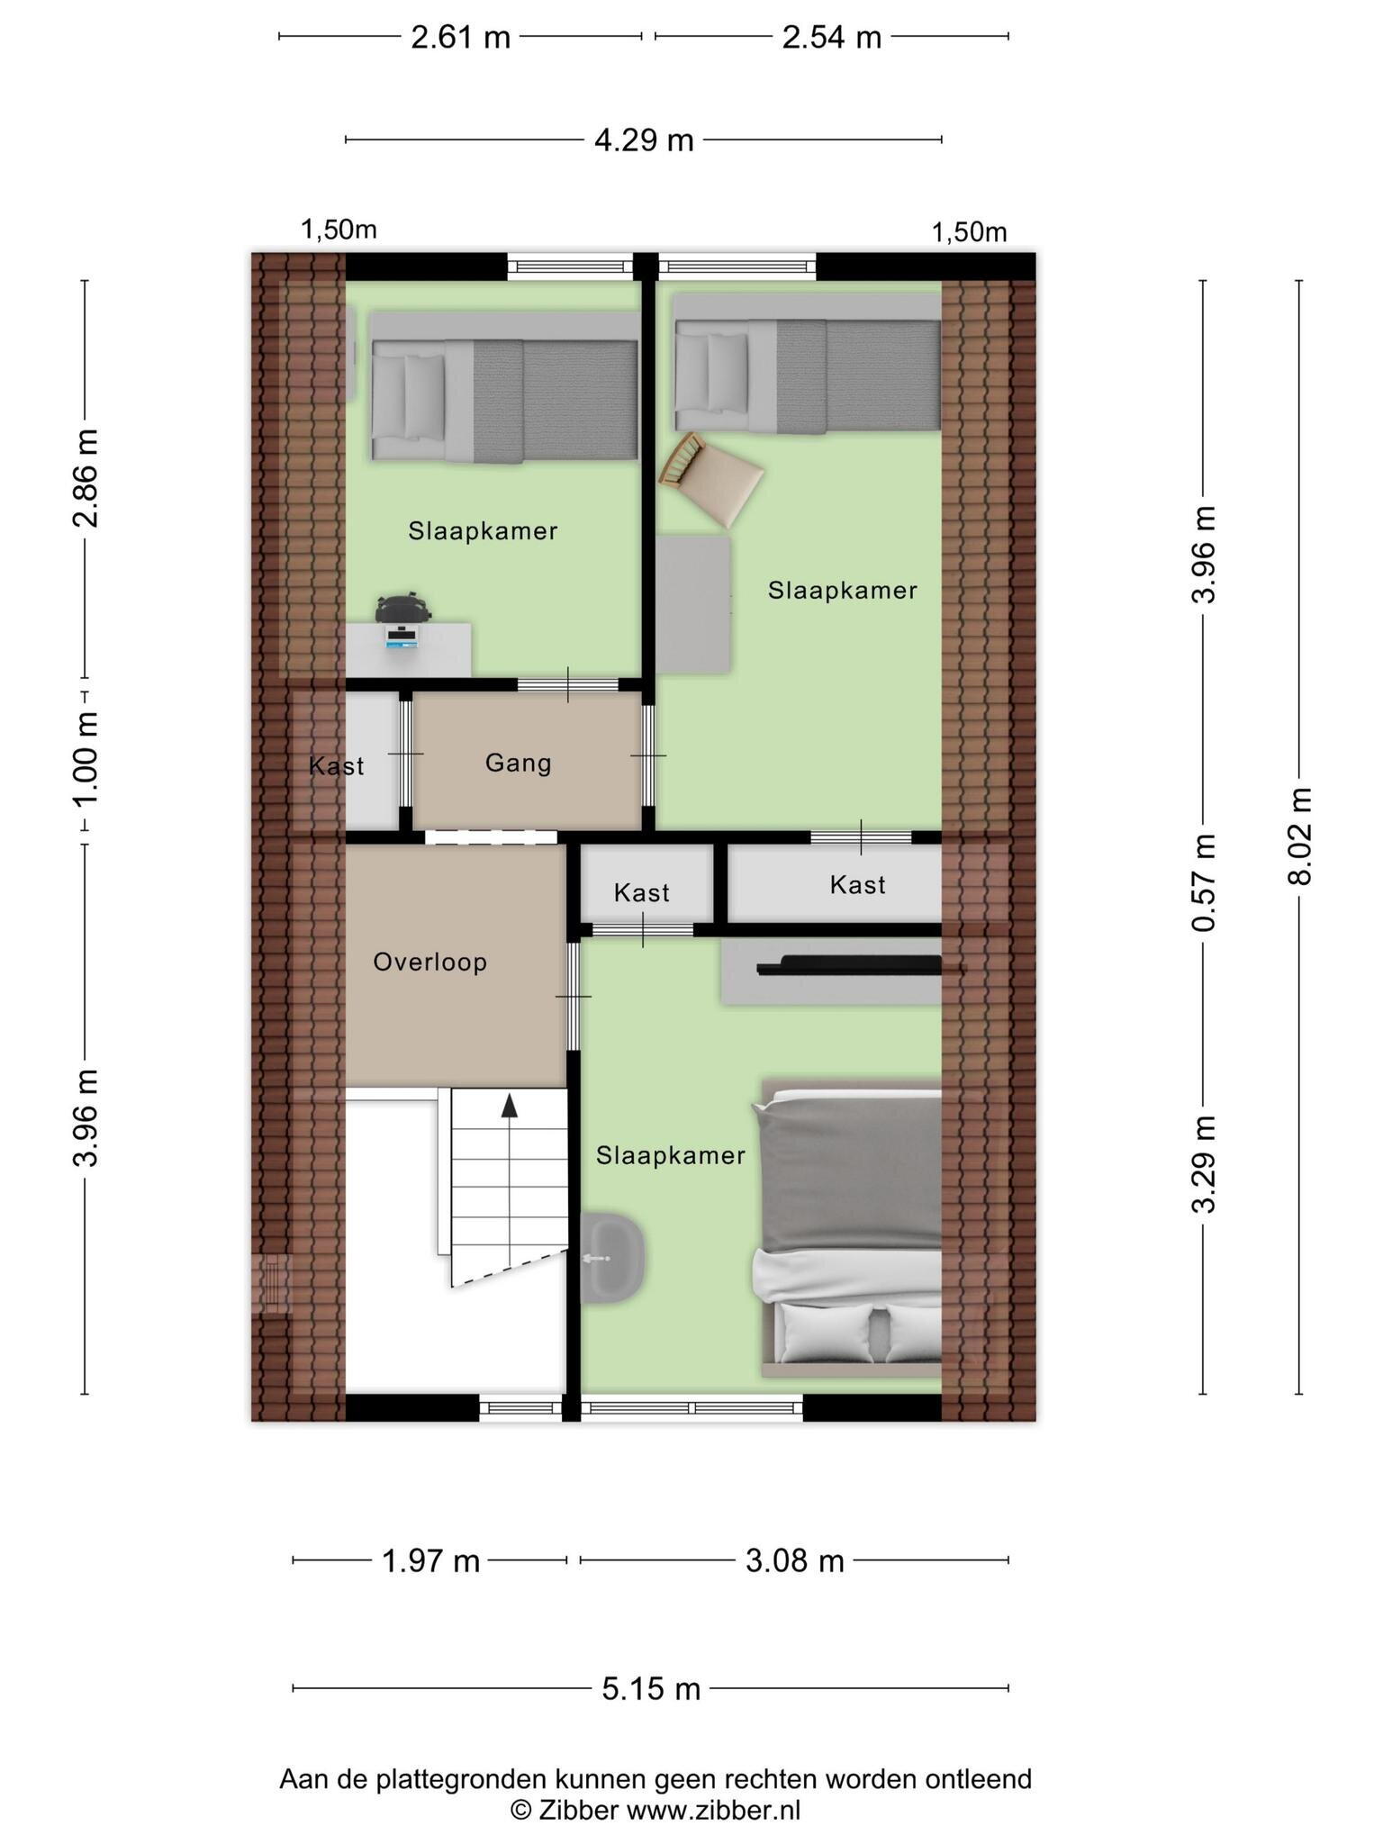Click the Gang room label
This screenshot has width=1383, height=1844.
pyautogui.click(x=518, y=763)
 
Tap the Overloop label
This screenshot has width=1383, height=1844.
pyautogui.click(x=430, y=962)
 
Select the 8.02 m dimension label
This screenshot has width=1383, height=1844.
pyautogui.click(x=1299, y=836)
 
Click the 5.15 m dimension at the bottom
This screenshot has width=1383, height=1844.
pyautogui.click(x=651, y=1688)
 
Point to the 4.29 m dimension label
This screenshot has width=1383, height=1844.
pyautogui.click(x=644, y=140)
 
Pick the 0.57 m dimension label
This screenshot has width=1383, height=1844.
pyautogui.click(x=1204, y=882)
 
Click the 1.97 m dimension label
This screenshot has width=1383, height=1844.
pyautogui.click(x=430, y=1560)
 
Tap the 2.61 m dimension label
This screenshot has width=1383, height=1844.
pyautogui.click(x=460, y=37)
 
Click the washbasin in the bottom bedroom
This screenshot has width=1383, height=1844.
pyautogui.click(x=611, y=1256)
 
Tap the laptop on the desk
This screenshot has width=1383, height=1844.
pyautogui.click(x=402, y=636)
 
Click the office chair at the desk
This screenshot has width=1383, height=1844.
pyautogui.click(x=403, y=609)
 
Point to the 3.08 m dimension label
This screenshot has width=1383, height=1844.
pyautogui.click(x=795, y=1560)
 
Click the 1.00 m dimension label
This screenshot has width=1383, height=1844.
pyautogui.click(x=86, y=759)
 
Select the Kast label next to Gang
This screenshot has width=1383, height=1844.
pyautogui.click(x=336, y=766)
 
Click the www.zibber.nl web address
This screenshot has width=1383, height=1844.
pyautogui.click(x=713, y=1810)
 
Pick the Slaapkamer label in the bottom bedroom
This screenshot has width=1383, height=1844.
pyautogui.click(x=671, y=1155)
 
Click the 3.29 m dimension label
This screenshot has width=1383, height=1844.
pyautogui.click(x=1204, y=1164)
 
